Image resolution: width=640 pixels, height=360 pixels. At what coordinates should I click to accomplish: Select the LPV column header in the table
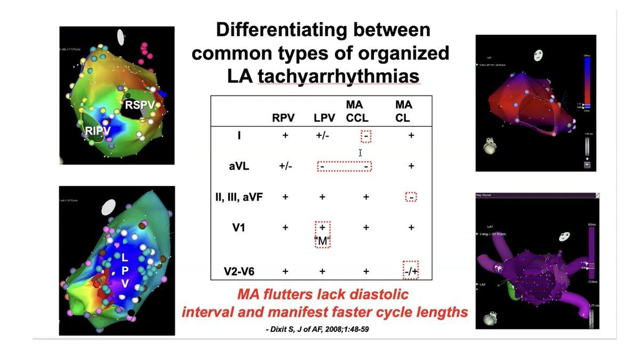point(323,118)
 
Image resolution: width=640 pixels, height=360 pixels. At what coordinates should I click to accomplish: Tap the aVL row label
point(236,166)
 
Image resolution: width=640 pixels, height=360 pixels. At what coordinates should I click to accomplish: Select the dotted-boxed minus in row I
point(366,136)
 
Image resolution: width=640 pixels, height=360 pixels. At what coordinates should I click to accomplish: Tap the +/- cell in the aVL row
point(285,166)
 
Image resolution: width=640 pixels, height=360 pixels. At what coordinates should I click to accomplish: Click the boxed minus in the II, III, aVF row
point(411,197)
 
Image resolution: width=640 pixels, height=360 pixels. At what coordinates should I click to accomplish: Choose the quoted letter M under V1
point(322,241)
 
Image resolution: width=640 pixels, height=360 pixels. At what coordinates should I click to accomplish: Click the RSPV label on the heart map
point(140,105)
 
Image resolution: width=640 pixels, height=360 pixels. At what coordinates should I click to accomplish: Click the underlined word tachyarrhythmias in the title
point(338,76)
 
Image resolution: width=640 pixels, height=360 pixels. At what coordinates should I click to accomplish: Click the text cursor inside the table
point(361,153)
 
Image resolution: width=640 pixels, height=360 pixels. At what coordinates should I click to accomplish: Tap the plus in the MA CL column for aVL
point(411,166)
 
